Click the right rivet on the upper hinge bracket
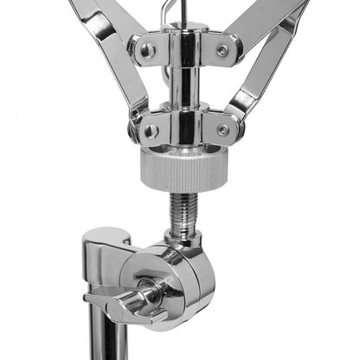tap(223, 51)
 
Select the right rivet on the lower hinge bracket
tap(223, 129)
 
